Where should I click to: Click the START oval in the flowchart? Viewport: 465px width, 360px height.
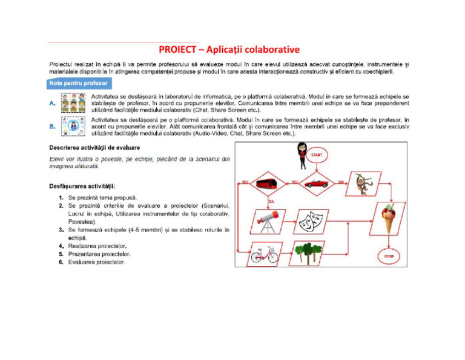pyautogui.click(x=317, y=155)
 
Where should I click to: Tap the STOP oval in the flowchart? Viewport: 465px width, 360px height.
pyautogui.click(x=389, y=257)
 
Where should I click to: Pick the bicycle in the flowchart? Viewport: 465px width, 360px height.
pyautogui.click(x=266, y=255)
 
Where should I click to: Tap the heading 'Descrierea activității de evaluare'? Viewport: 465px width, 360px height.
pyautogui.click(x=95, y=148)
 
